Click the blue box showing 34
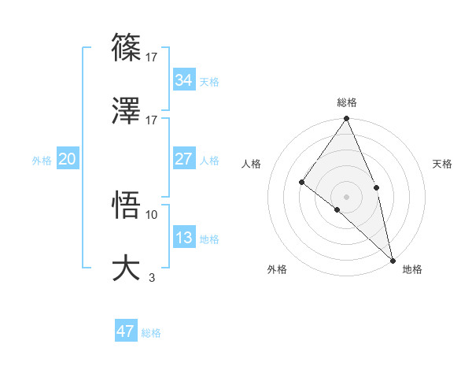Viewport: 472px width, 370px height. tap(183, 80)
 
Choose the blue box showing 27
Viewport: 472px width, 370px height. tap(183, 159)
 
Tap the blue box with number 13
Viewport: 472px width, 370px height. tap(183, 238)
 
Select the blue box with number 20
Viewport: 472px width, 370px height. tap(67, 159)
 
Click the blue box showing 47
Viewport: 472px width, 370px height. tap(125, 331)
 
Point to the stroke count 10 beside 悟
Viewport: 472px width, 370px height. tap(152, 214)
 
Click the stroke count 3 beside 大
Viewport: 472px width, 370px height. tap(152, 276)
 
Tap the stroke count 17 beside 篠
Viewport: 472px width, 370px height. tap(152, 57)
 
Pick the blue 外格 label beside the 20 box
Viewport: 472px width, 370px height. tap(42, 161)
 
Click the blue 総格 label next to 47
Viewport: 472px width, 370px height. tap(151, 333)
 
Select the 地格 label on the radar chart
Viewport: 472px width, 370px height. tap(412, 269)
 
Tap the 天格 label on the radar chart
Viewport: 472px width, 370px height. tap(442, 164)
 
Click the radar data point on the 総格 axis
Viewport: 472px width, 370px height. tap(346, 119)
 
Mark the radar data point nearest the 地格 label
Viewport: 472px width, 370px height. tap(393, 260)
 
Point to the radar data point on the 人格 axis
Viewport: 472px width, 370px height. tap(301, 182)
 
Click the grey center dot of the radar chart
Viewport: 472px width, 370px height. tap(346, 196)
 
